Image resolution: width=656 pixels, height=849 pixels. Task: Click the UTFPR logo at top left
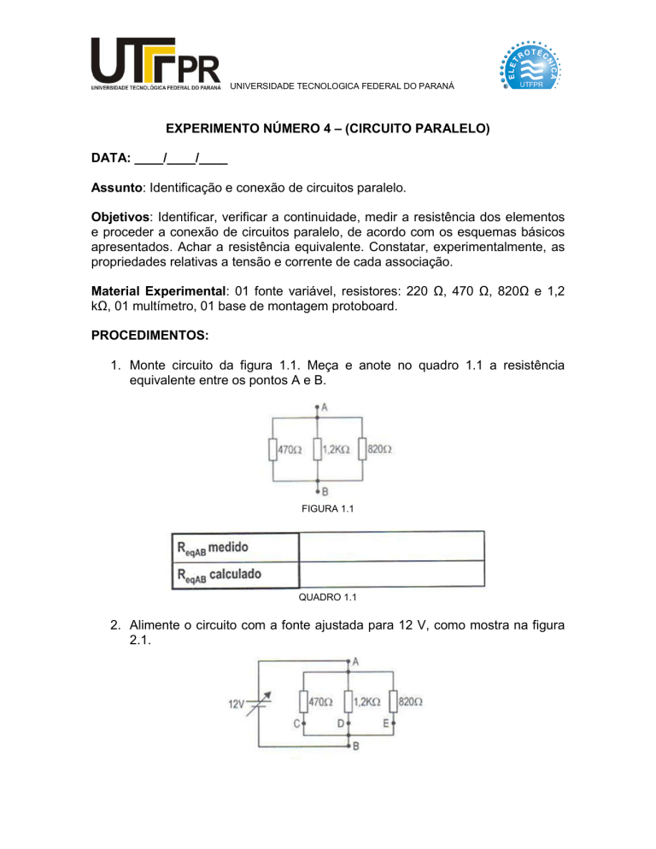155,63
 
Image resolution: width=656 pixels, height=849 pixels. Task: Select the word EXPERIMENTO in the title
217,131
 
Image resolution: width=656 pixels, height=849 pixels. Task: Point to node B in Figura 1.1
318,491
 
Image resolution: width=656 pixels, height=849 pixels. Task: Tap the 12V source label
237,705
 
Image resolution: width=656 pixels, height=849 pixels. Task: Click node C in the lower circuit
301,724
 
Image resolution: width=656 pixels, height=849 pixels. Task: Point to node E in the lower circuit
393,724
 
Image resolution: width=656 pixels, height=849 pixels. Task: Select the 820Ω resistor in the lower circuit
394,702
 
